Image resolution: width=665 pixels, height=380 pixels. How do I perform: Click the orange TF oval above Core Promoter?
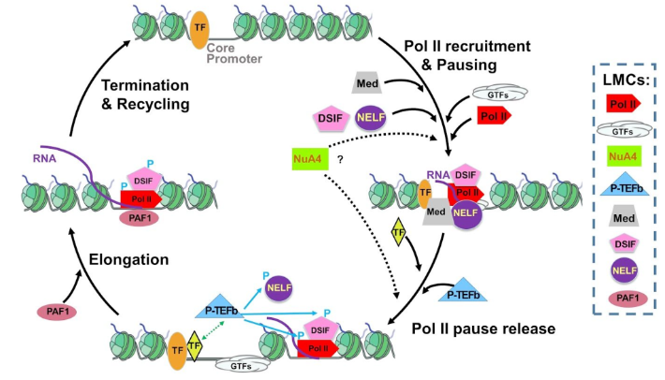(199, 28)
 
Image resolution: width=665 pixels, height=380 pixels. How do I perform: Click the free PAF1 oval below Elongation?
(56, 310)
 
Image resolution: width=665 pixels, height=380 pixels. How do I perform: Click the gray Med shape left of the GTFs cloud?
(366, 83)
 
